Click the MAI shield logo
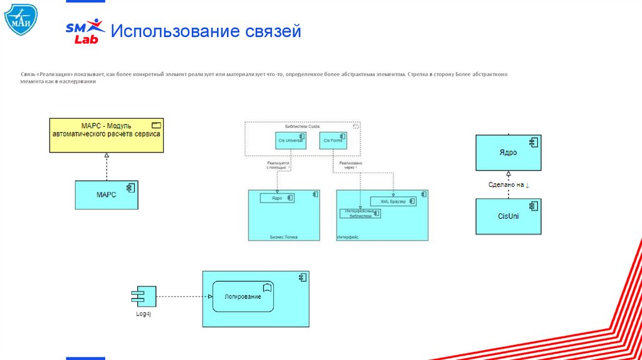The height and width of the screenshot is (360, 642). point(21,18)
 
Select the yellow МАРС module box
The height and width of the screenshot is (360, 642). point(107,135)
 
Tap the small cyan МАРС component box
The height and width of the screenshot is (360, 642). point(107,195)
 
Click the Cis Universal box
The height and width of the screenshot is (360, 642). point(290,140)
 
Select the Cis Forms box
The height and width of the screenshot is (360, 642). point(333,140)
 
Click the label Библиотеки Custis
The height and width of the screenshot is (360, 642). point(302,126)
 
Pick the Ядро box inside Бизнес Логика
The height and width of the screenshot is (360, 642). point(277,198)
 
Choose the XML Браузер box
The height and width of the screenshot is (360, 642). point(393,201)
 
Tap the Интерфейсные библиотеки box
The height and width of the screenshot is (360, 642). point(360,213)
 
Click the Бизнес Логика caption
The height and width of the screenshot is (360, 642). point(283,237)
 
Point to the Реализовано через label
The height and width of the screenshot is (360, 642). point(350,166)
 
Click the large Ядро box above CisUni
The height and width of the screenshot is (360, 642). point(508,152)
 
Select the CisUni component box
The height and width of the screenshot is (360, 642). point(508,216)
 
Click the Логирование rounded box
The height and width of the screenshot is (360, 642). point(243,297)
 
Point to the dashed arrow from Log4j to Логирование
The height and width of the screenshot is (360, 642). point(182,297)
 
